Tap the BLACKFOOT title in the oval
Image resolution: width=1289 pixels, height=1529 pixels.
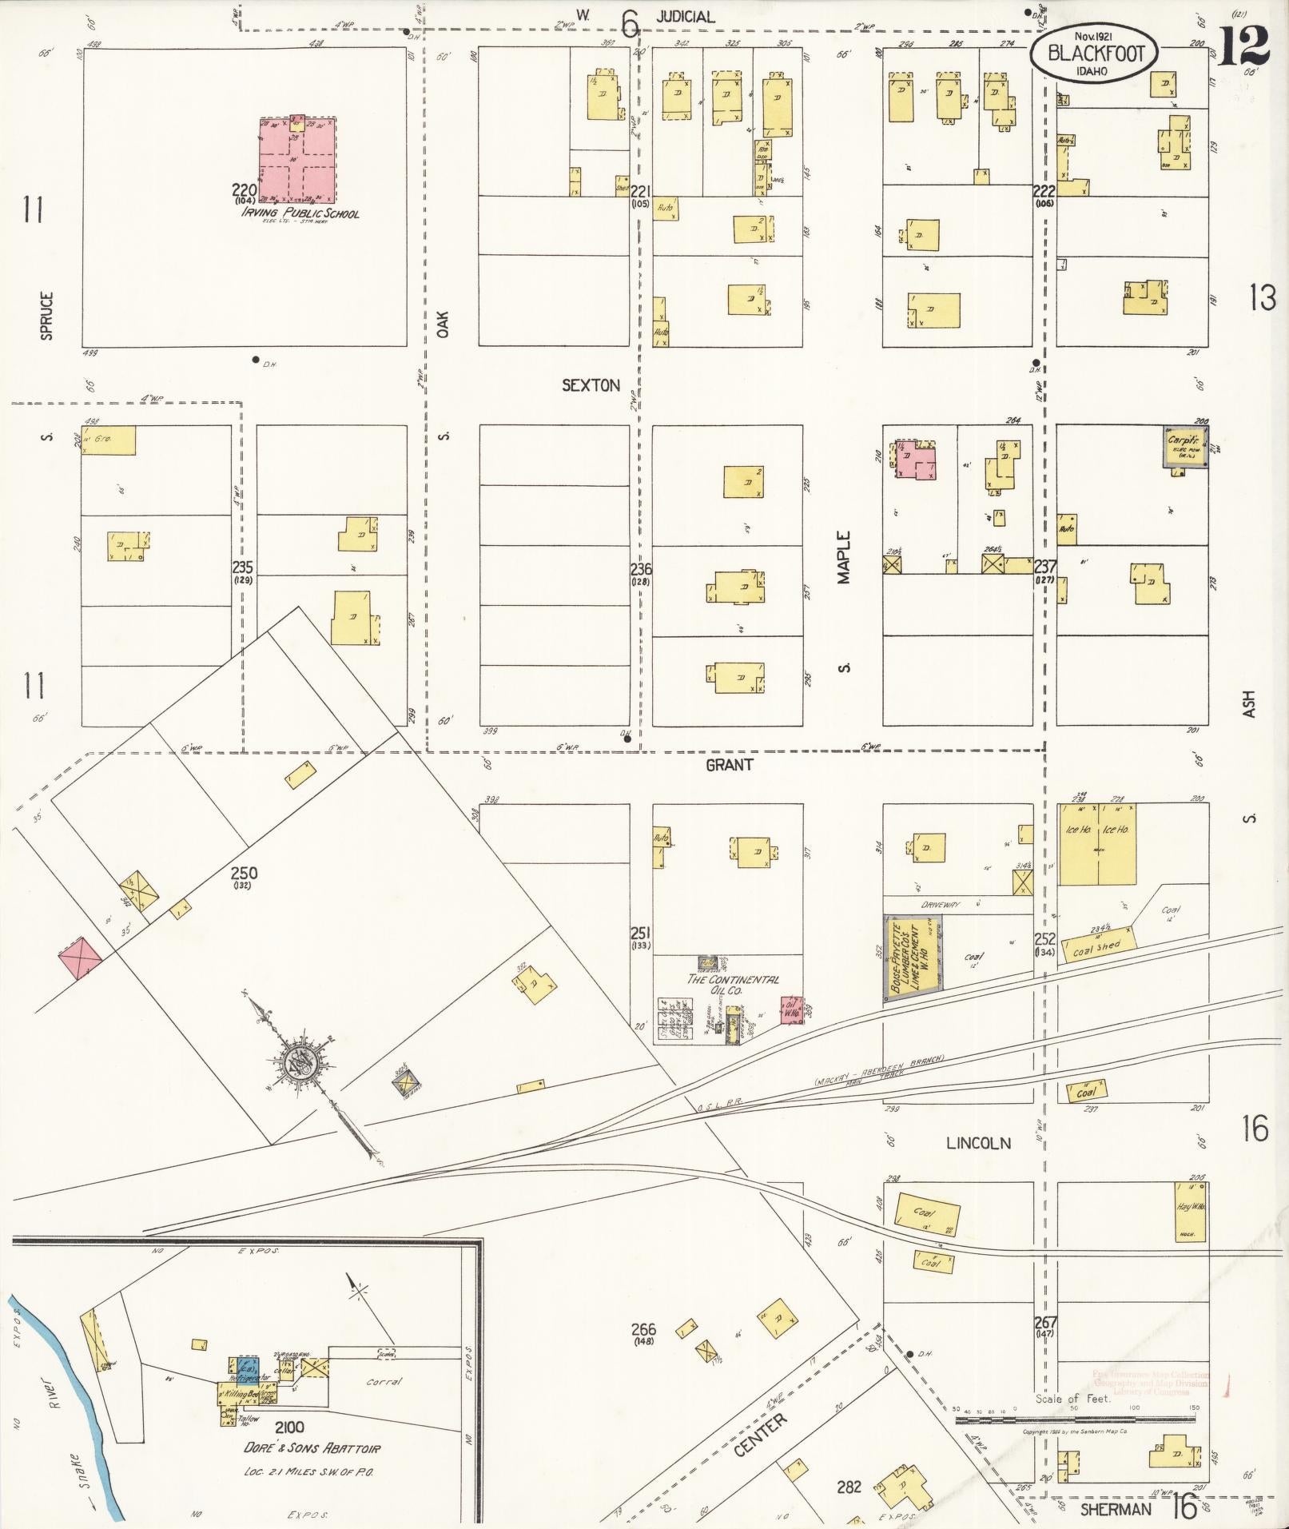click(x=1096, y=54)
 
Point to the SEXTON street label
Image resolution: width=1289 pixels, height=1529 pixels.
click(x=591, y=385)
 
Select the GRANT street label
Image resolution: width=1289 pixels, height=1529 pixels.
click(x=729, y=765)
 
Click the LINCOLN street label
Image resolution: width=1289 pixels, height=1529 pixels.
click(x=978, y=1144)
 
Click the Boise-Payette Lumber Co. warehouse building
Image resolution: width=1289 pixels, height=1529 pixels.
click(x=913, y=958)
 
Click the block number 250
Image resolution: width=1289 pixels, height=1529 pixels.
click(x=243, y=873)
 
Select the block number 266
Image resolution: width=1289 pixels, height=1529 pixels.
click(x=643, y=1329)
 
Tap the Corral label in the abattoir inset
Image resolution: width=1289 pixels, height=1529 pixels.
click(x=384, y=1381)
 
